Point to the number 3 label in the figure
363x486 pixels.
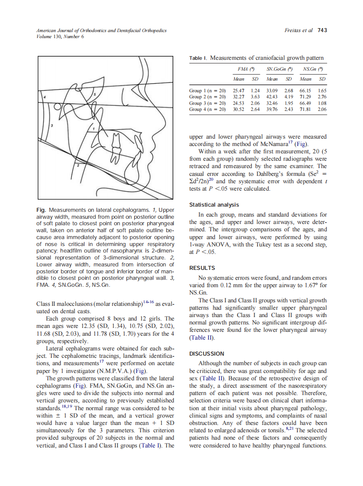coord(52,126)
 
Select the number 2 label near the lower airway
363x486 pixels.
coord(78,165)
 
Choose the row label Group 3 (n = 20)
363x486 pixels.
coord(207,104)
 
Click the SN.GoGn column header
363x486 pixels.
coord(279,69)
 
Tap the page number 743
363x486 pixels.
coord(322,30)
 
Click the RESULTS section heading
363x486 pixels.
coord(202,268)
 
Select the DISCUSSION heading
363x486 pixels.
coord(207,353)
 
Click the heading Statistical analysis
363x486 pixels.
coord(214,205)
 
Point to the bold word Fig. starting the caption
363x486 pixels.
coord(41,210)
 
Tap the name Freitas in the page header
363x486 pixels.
coord(293,30)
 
